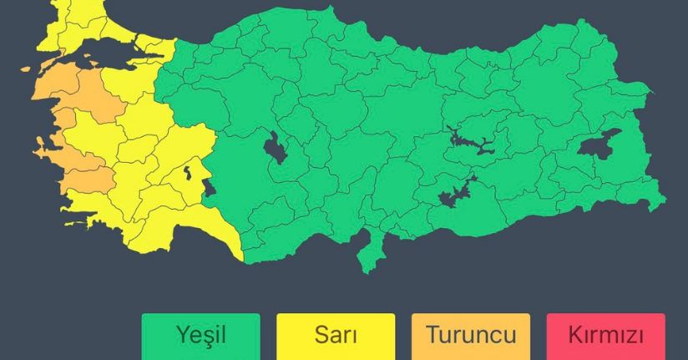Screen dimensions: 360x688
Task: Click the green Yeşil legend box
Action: (x=200, y=336)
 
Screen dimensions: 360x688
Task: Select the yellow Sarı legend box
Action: (x=336, y=336)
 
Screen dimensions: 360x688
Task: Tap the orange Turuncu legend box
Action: (x=471, y=336)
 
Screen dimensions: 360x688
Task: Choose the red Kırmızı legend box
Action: (x=605, y=336)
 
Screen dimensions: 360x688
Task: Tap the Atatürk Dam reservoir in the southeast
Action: (x=455, y=194)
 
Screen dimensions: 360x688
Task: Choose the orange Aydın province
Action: (x=88, y=180)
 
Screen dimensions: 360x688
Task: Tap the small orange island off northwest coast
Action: (x=26, y=69)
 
